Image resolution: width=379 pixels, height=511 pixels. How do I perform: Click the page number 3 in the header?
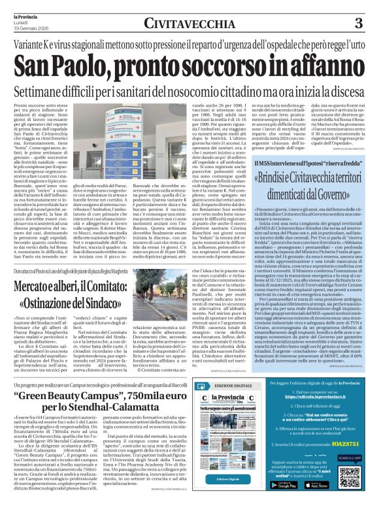click(359, 24)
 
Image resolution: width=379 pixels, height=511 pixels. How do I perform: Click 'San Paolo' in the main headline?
click(69, 65)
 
